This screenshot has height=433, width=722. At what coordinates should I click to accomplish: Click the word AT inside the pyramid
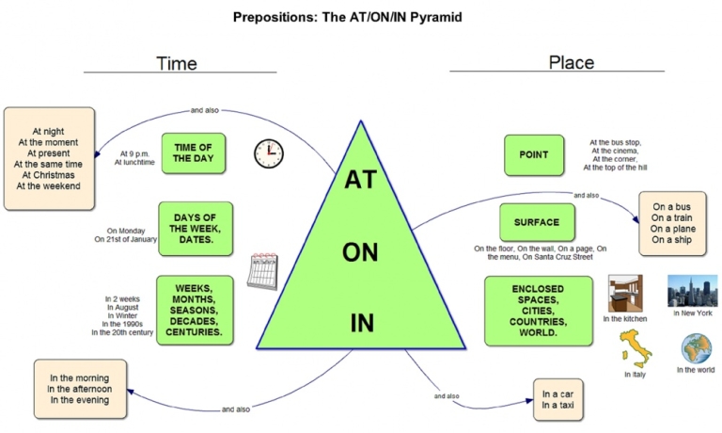click(361, 179)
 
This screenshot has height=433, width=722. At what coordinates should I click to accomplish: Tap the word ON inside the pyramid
click(361, 252)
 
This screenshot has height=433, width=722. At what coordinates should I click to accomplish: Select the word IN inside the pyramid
click(362, 323)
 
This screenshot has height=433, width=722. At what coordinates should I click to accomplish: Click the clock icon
click(268, 153)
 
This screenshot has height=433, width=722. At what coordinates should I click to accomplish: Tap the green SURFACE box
click(536, 223)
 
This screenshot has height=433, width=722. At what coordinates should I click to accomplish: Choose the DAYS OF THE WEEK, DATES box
click(196, 227)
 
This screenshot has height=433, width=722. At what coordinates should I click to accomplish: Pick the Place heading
click(571, 62)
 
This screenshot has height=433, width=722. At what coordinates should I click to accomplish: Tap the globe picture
click(697, 348)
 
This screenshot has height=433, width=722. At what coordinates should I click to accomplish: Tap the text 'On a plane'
click(672, 227)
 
